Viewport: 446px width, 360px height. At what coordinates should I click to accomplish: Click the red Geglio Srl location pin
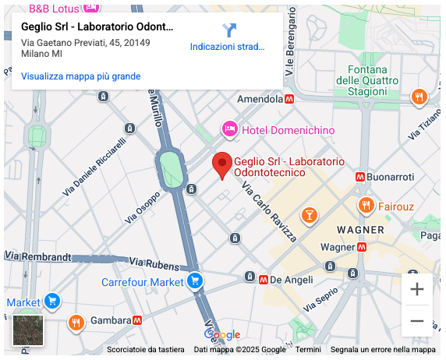pos(222,164)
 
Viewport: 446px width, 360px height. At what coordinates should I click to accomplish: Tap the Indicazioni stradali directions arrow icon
pos(228,30)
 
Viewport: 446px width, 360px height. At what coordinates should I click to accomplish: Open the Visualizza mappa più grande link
pos(81,76)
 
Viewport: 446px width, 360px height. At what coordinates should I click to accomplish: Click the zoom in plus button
pos(417,290)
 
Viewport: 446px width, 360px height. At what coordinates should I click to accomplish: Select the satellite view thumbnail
pos(29,330)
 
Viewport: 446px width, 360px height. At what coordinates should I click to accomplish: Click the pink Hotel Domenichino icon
pos(229,129)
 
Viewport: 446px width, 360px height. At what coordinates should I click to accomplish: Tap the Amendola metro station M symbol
pos(289,100)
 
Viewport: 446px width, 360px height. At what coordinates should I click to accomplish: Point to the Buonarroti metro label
pos(389,177)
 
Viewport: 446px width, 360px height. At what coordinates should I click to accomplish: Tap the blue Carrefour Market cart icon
pos(195,281)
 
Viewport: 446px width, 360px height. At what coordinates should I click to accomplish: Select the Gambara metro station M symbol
pos(136,320)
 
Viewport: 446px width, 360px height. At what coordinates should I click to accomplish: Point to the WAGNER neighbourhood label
pos(360,230)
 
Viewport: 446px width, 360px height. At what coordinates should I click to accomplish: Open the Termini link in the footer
pos(308,350)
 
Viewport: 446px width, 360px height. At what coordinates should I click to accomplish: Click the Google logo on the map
pos(222,334)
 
